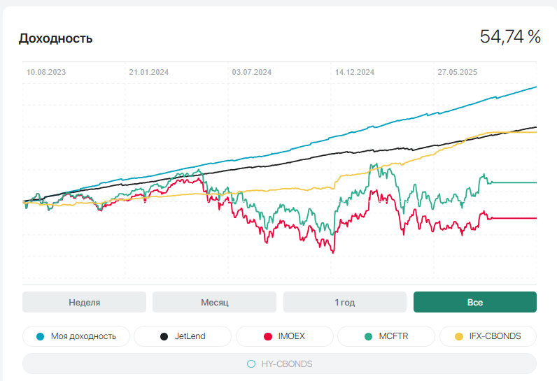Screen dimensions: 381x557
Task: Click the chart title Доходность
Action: tap(55, 38)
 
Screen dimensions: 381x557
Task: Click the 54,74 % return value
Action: tap(510, 37)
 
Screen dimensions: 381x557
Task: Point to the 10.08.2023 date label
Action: tap(47, 72)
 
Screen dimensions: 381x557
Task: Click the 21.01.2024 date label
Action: tap(149, 72)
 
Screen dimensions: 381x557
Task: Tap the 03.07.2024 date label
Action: tap(252, 72)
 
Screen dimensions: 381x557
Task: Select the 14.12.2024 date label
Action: tap(354, 72)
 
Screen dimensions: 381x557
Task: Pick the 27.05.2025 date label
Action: tap(457, 72)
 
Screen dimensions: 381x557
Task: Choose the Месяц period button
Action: tap(214, 302)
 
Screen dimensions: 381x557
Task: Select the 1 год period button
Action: tap(344, 302)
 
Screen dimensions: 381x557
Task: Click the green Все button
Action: tap(474, 302)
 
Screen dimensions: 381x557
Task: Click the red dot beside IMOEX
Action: tap(267, 336)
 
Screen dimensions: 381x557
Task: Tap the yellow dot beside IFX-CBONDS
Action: tap(459, 336)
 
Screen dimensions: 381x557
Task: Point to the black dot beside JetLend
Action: tap(164, 336)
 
